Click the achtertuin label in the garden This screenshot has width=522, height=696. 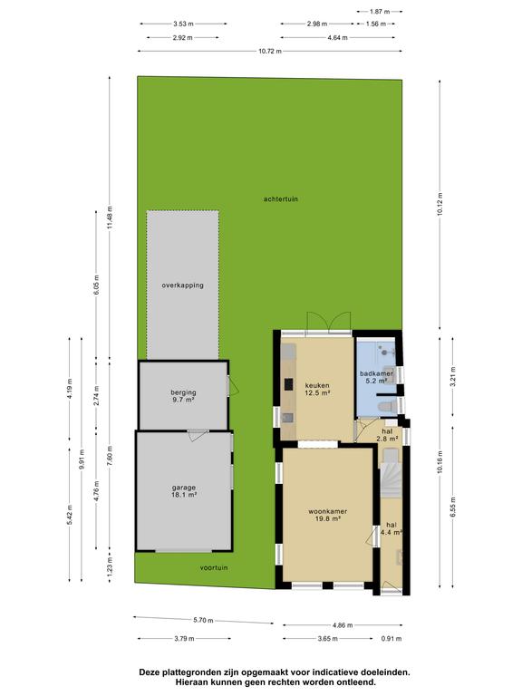[x=281, y=198]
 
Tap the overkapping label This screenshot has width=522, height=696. [x=182, y=285]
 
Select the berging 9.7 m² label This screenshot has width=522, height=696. [x=183, y=396]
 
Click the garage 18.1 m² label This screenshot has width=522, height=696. [x=184, y=491]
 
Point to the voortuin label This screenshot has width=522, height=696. [x=214, y=567]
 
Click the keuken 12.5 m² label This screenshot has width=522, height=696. [x=317, y=390]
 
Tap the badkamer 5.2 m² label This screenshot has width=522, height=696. [x=376, y=377]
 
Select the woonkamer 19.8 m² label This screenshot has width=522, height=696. [x=327, y=515]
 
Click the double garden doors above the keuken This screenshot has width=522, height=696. [x=328, y=322]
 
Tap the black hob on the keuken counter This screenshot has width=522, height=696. [x=289, y=384]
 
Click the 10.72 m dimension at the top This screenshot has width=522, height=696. [x=270, y=52]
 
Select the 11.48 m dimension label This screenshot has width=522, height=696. [x=110, y=217]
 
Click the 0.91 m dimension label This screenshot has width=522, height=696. [x=391, y=639]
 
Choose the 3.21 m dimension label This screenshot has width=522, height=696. [x=453, y=377]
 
